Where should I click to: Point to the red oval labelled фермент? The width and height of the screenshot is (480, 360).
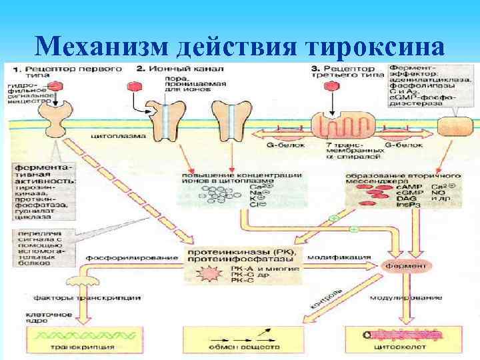click(403, 265)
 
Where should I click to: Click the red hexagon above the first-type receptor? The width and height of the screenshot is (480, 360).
click(58, 87)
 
